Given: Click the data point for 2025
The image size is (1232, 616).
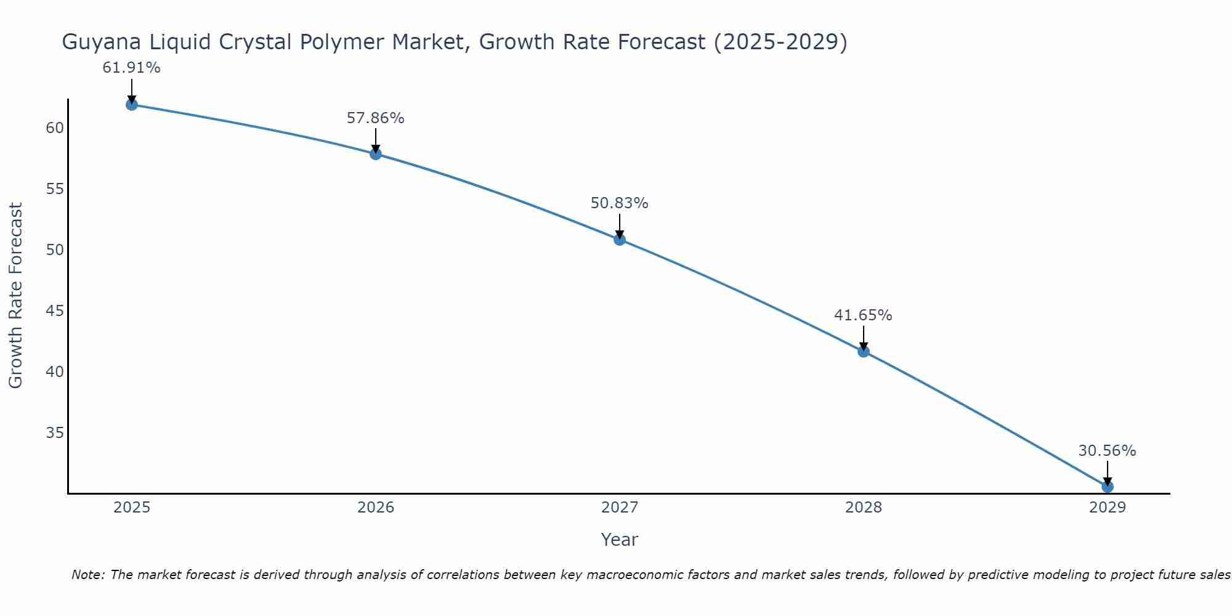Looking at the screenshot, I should [131, 105].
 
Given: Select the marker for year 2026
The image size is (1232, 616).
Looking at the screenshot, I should [376, 154].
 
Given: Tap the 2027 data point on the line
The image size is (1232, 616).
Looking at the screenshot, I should [620, 240].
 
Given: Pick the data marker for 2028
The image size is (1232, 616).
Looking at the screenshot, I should [864, 352].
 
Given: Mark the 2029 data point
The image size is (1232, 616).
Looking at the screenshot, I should [1108, 487].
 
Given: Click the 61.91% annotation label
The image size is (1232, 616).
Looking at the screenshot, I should [131, 68].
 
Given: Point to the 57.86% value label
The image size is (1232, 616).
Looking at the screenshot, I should [375, 118].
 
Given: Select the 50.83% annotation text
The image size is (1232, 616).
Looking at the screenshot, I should [619, 203].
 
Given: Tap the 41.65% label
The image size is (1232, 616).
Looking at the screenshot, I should [863, 315].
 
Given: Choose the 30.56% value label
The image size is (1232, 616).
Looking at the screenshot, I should [1107, 451].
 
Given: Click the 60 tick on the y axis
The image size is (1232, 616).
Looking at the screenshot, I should [55, 128].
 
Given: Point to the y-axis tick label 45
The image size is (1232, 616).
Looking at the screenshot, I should [55, 311].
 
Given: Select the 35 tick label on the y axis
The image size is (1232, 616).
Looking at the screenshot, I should [55, 433].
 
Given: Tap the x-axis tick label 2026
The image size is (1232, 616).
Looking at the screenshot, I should [376, 508].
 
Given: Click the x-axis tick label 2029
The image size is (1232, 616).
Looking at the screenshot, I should [1108, 508].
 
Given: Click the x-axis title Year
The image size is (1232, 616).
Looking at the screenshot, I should [619, 540].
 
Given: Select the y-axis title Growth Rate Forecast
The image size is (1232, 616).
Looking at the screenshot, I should [16, 296].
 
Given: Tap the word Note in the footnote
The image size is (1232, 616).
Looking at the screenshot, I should [89, 575].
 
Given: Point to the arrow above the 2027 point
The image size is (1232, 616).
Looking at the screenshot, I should [620, 225].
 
